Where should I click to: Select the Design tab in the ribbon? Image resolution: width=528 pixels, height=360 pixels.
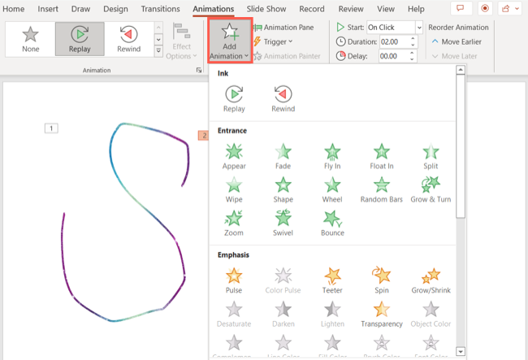tap(115, 9)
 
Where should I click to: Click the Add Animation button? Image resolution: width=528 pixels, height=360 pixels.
tap(229, 41)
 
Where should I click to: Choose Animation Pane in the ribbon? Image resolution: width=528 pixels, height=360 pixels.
tap(283, 28)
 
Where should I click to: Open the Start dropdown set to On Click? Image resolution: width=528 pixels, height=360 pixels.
tap(395, 28)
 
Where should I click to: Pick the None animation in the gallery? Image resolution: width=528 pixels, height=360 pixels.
tap(31, 38)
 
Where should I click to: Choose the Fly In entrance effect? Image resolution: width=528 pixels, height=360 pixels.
tap(332, 156)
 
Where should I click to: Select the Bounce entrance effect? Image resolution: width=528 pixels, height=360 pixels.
tap(332, 222)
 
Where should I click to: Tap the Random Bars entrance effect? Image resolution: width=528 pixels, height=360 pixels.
tap(382, 189)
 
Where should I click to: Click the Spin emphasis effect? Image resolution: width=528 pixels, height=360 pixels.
tap(382, 280)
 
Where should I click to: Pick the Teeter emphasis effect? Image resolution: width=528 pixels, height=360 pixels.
tap(332, 280)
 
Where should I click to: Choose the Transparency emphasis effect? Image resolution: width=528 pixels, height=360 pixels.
tap(382, 313)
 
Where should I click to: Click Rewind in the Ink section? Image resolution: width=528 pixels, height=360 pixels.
tap(283, 98)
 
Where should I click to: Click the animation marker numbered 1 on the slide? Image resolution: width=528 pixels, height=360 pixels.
tap(51, 128)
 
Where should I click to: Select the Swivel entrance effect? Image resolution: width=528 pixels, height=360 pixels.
tap(283, 222)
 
